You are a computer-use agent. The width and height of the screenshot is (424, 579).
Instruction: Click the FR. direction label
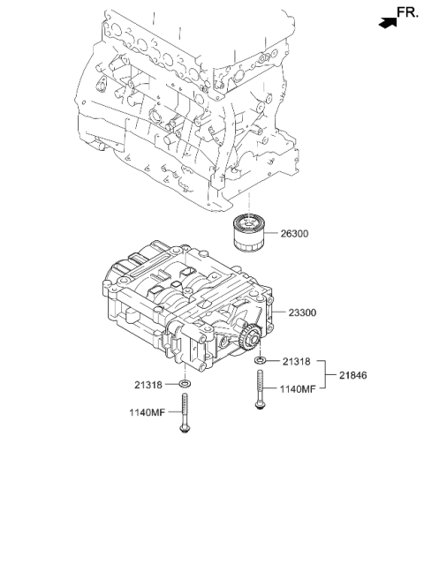[x=407, y=12]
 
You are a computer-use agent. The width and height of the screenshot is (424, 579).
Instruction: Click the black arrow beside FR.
[x=388, y=23]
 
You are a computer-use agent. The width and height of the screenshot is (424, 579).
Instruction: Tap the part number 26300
[x=294, y=234]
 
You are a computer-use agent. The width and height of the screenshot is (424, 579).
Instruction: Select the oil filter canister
[x=248, y=234]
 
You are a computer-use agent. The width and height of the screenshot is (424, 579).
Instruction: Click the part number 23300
[x=302, y=312]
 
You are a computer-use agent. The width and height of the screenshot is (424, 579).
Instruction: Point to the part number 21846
[x=353, y=375]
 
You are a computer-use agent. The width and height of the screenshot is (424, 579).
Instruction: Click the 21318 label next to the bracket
[x=297, y=362]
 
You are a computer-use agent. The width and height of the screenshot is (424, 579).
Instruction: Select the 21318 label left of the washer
[x=148, y=385]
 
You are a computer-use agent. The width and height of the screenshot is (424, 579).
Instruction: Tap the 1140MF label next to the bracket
[x=298, y=389]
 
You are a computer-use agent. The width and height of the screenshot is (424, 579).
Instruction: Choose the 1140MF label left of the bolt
[x=147, y=412]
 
